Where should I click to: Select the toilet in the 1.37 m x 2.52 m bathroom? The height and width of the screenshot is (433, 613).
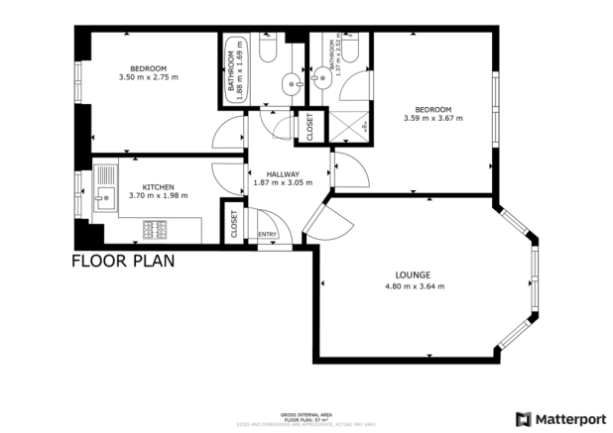click(x=324, y=48)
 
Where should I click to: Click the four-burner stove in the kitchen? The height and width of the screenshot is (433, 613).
click(x=156, y=230)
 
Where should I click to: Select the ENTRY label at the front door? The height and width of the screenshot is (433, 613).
click(x=267, y=234)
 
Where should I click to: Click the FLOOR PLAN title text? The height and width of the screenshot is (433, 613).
click(x=123, y=262)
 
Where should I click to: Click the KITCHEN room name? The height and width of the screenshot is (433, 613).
click(x=159, y=186)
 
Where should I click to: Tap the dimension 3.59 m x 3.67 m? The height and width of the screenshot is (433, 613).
click(x=433, y=118)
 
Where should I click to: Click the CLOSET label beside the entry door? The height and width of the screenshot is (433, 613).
click(x=234, y=224)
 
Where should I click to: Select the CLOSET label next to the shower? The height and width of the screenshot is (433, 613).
click(x=309, y=127)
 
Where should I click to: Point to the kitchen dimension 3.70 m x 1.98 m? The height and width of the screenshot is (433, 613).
click(x=159, y=196)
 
